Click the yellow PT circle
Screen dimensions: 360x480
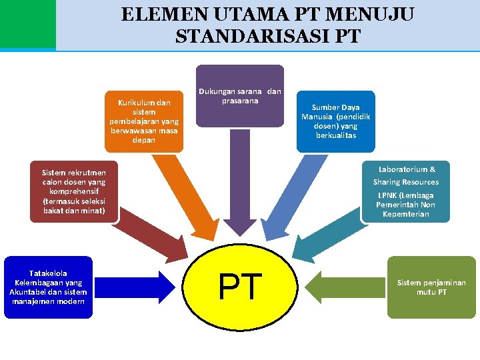(x=241, y=287)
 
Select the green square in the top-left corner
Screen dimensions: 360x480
(x=27, y=25)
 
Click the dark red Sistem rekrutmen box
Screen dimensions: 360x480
(x=74, y=191)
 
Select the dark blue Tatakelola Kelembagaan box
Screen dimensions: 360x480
(x=48, y=287)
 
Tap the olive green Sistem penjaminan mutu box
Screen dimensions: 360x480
(x=431, y=287)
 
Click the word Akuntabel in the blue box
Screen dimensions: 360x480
(x=29, y=292)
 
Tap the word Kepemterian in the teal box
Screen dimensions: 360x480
(x=405, y=214)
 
